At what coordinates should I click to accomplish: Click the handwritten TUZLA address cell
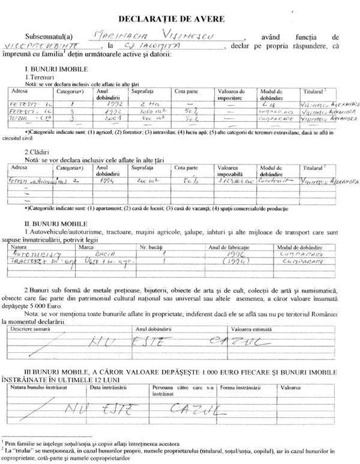25,119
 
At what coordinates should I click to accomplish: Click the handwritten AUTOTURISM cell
33,254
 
